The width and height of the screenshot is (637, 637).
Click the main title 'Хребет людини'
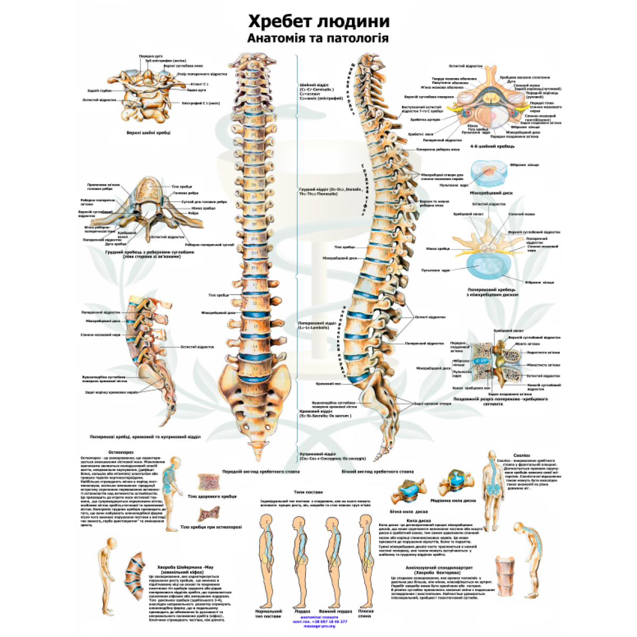[x=318, y=21]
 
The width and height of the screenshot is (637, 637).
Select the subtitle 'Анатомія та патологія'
[x=318, y=38]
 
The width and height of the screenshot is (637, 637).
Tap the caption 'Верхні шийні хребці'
[x=149, y=132]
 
